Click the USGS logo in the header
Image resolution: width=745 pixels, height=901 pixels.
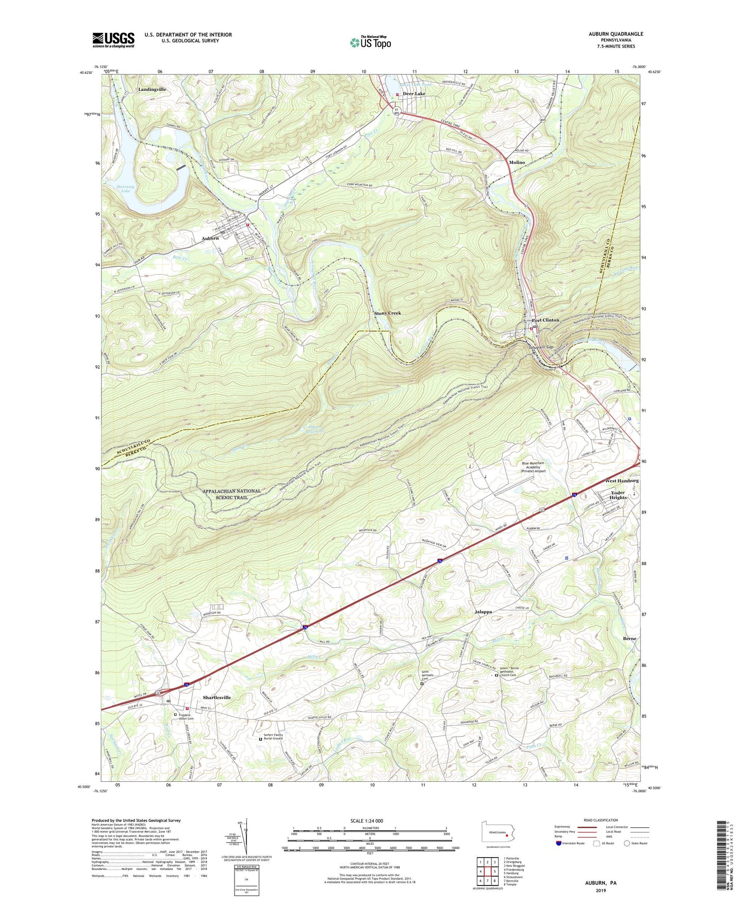pos(113,40)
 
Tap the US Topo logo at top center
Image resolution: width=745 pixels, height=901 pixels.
pos(370,42)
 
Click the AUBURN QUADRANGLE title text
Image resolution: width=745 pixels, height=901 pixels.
pos(616,34)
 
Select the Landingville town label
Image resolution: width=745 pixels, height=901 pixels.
pos(152,89)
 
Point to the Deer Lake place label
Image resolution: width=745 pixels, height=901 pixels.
pos(414,94)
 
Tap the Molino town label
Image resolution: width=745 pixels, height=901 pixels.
pos(517,162)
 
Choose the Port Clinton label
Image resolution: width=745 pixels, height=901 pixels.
pos(545,320)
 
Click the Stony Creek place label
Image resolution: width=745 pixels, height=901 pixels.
pos(387,313)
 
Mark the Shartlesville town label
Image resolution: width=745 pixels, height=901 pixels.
pos(209,697)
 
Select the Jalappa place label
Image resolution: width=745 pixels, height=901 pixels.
pos(483,612)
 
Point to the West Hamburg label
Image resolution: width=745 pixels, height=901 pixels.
pos(621,480)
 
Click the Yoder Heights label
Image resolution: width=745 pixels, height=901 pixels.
pos(618,495)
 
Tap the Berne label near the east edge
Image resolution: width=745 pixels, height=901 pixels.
pos(630,638)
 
